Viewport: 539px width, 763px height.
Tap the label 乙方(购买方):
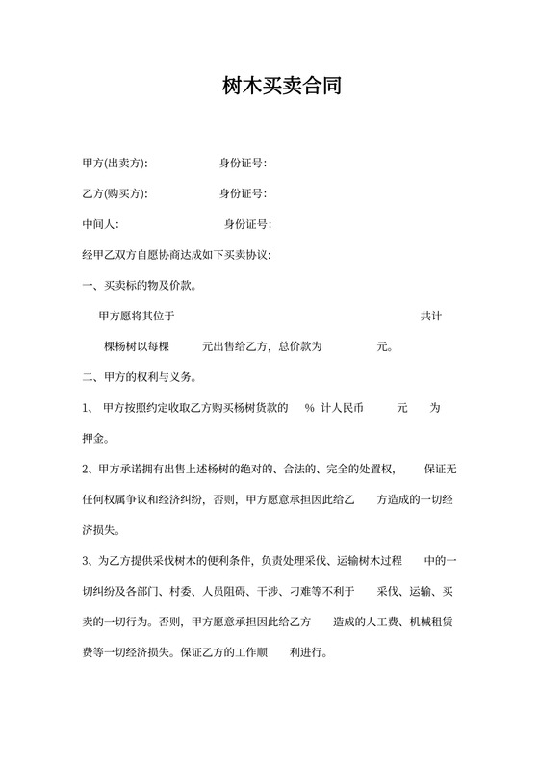[116, 193]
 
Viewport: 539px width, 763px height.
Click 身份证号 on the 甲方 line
[242, 163]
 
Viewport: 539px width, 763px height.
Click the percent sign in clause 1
[310, 408]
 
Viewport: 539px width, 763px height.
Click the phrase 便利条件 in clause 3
[208, 561]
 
